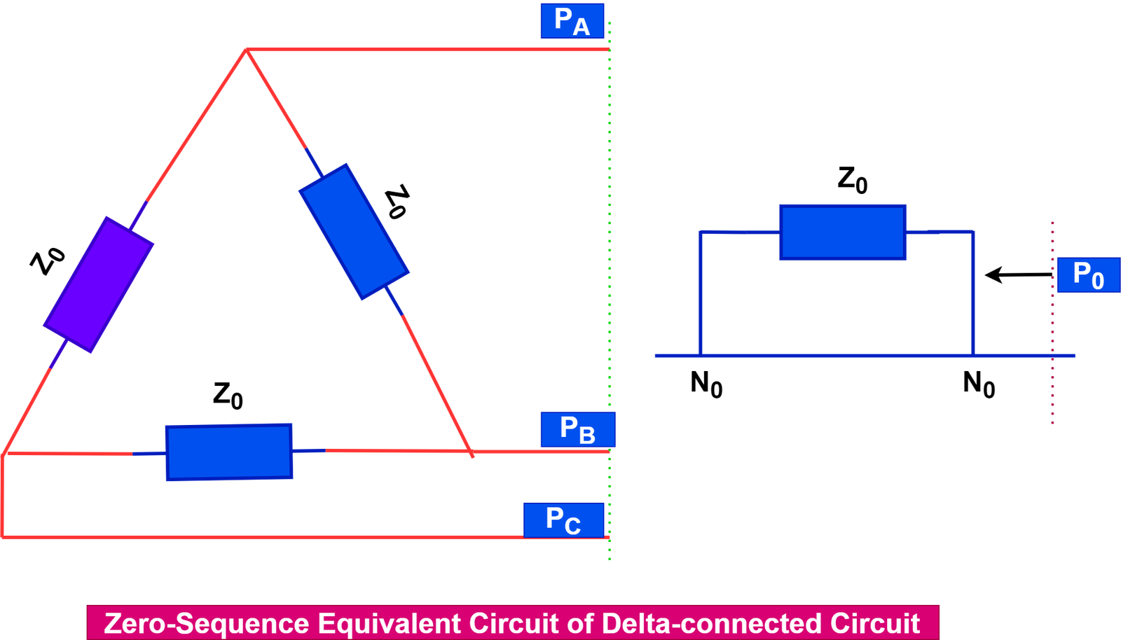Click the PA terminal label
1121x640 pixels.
pyautogui.click(x=572, y=20)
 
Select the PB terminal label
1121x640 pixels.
pyautogui.click(x=577, y=429)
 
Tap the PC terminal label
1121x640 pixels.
pyautogui.click(x=563, y=520)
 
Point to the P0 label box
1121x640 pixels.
pyautogui.click(x=1088, y=274)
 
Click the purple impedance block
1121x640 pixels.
pyautogui.click(x=98, y=284)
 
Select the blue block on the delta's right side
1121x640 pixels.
pyautogui.click(x=354, y=231)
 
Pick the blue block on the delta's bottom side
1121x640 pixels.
pyautogui.click(x=229, y=452)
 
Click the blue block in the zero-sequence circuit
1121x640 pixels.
pyautogui.click(x=843, y=232)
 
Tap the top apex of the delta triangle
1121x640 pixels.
pyautogui.click(x=245, y=50)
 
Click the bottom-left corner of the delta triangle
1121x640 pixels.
pyautogui.click(x=5, y=454)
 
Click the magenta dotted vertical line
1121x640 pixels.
pyautogui.click(x=1052, y=322)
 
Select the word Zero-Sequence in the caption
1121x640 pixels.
pyautogui.click(x=206, y=623)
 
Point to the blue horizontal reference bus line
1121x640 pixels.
pyautogui.click(x=841, y=356)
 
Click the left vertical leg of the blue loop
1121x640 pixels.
pyautogui.click(x=701, y=294)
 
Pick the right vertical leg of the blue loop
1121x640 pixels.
pyautogui.click(x=973, y=294)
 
